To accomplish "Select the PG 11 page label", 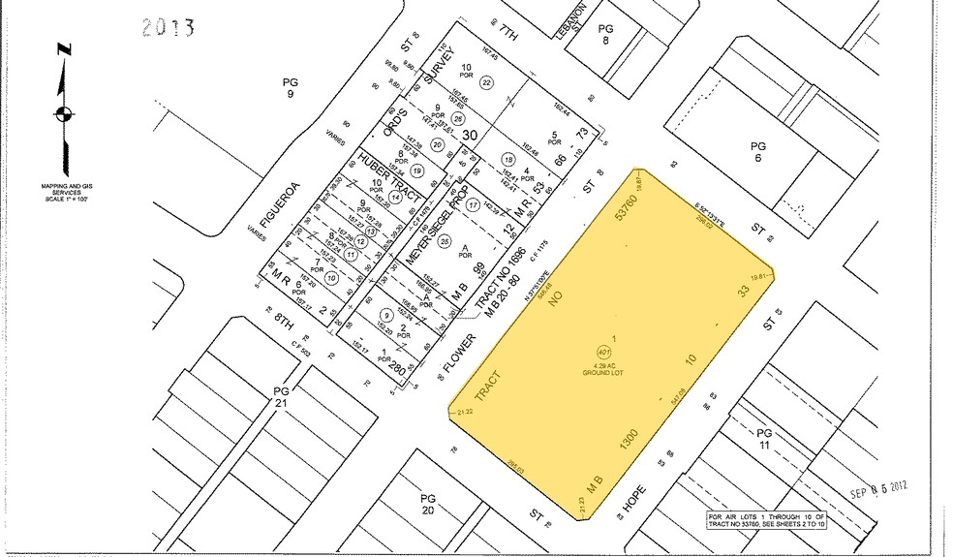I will [x=764, y=438].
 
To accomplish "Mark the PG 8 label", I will [x=607, y=35].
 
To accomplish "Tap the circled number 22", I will [x=487, y=83].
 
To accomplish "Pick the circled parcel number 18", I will [x=507, y=160].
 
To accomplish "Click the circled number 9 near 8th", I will [x=386, y=314].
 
